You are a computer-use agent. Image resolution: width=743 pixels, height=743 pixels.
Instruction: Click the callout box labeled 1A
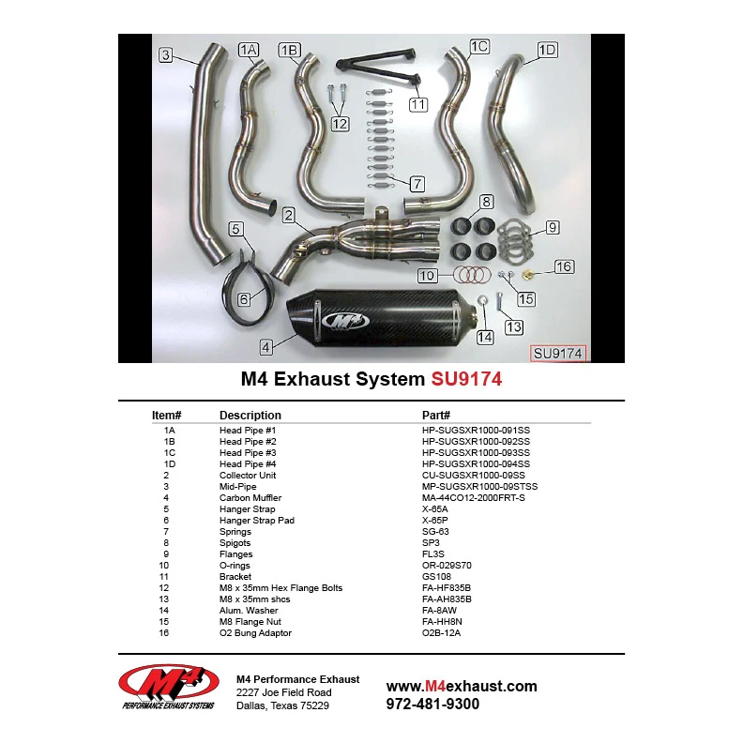[x=249, y=50]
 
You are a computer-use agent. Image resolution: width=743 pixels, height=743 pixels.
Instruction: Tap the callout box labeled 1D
[x=547, y=50]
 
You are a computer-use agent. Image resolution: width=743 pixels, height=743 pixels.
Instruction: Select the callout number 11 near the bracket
[x=418, y=104]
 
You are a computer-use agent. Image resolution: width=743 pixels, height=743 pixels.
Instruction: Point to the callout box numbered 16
[x=564, y=266]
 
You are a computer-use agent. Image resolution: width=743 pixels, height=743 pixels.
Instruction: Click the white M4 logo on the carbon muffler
[x=345, y=321]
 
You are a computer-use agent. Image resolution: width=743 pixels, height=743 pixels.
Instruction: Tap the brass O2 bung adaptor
[x=527, y=274]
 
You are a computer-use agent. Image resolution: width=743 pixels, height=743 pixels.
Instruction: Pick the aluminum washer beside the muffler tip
[x=482, y=300]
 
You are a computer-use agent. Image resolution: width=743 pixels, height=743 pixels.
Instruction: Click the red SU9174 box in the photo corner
[x=558, y=354]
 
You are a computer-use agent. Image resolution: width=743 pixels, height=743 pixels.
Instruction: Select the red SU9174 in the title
[x=466, y=379]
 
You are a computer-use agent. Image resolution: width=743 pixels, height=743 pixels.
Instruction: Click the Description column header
[x=250, y=415]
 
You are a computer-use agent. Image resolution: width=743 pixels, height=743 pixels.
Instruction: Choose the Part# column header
[x=436, y=415]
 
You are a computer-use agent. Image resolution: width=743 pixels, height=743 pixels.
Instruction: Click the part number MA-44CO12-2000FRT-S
[x=474, y=497]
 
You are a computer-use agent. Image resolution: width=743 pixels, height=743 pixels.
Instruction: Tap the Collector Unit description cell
[x=248, y=476]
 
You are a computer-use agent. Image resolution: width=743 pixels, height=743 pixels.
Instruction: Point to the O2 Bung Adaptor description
[x=255, y=633]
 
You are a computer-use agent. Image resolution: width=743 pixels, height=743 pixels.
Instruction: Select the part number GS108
[x=436, y=577]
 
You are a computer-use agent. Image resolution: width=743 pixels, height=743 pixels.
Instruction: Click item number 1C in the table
[x=169, y=452]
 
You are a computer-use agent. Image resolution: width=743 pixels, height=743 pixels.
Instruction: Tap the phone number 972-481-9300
[x=432, y=705]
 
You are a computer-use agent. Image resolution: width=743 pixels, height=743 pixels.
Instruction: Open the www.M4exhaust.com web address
[x=462, y=686]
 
